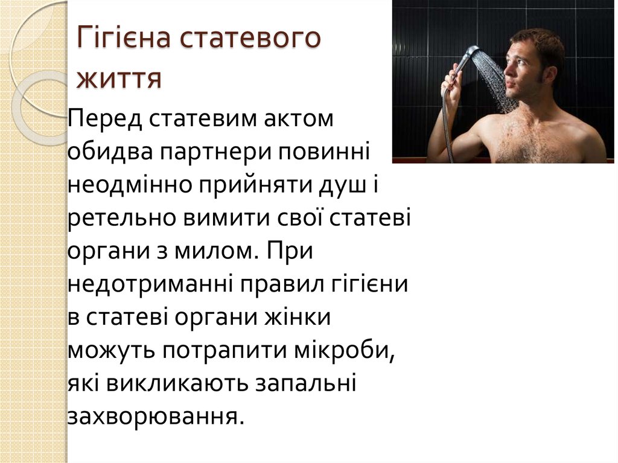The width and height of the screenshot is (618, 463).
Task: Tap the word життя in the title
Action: point(119,79)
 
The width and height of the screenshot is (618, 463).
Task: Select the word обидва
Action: point(109,150)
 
